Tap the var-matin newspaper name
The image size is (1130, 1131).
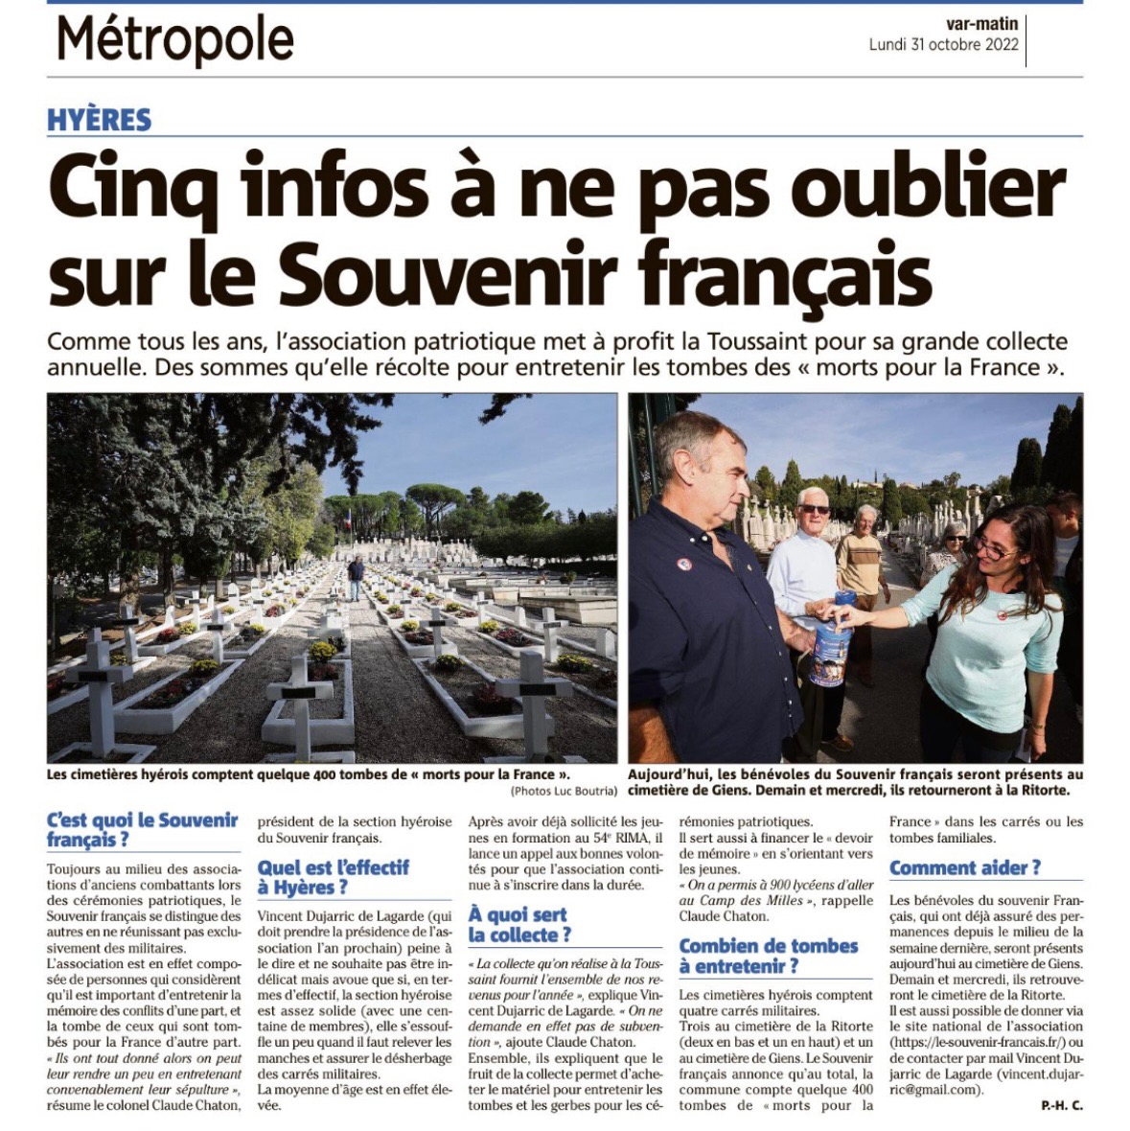[x=982, y=24]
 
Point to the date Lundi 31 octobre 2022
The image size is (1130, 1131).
[x=943, y=45]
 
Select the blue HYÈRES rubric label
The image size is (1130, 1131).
[x=100, y=120]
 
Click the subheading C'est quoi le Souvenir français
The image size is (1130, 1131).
[x=142, y=830]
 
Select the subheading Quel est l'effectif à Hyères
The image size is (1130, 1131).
[x=333, y=877]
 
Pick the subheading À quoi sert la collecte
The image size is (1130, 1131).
[x=518, y=925]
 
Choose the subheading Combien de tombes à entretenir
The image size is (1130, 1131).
[x=768, y=956]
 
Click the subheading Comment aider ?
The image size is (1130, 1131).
[x=964, y=868]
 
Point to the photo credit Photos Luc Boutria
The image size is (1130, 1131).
[x=564, y=791]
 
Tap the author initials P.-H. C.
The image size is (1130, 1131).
[x=1061, y=1106]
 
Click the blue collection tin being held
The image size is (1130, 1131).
[x=830, y=639]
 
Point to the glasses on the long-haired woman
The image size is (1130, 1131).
[x=997, y=551]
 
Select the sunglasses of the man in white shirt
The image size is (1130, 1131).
[x=815, y=509]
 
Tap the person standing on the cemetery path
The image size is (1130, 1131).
[x=356, y=579]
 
